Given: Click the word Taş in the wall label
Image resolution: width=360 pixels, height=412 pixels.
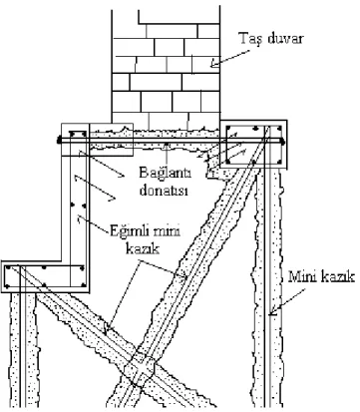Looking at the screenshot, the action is click(248, 39).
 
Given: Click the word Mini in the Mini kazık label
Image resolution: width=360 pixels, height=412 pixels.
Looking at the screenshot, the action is click(302, 276).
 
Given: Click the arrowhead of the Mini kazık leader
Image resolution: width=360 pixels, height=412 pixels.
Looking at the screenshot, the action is click(272, 311).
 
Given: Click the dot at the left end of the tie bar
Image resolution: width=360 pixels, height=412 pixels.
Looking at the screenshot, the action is click(60, 140).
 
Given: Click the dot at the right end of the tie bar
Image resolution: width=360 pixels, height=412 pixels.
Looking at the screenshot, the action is click(282, 142).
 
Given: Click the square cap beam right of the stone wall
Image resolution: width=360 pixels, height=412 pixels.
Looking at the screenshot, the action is click(253, 145).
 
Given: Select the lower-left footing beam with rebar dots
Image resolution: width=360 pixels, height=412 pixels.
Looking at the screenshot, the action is click(46, 276).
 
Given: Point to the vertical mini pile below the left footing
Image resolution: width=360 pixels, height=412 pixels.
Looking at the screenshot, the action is click(23, 350).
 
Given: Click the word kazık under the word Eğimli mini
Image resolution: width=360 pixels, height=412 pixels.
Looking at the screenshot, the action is click(143, 248).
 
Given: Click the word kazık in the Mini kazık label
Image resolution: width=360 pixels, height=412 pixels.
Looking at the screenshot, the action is click(337, 276).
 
